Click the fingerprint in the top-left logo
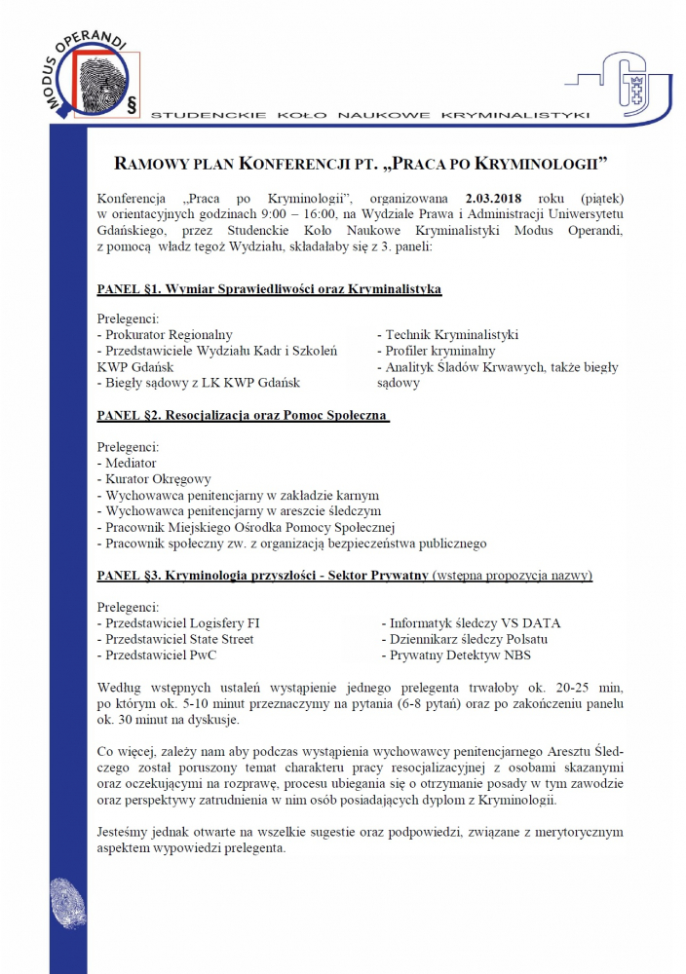[100, 79]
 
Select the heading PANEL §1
[270, 289]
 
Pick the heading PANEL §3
[263, 576]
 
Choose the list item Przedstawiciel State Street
[176, 639]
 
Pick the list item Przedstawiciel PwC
[159, 656]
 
